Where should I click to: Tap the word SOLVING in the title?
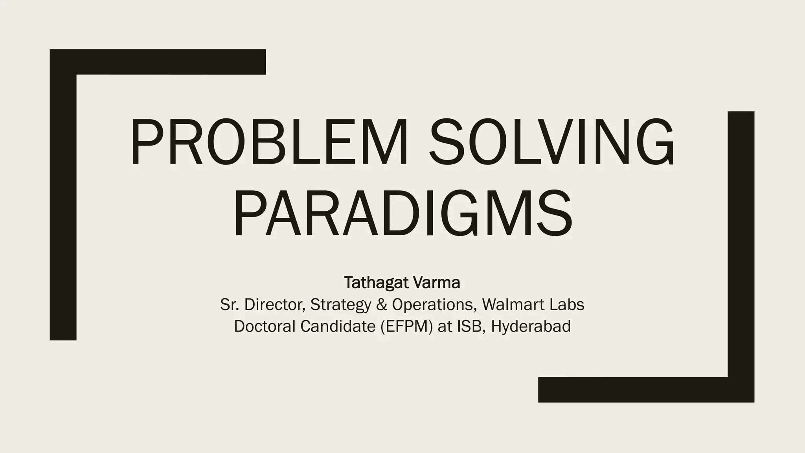pos(551,142)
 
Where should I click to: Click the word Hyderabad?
pos(531,327)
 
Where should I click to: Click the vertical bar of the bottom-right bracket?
pos(741,244)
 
